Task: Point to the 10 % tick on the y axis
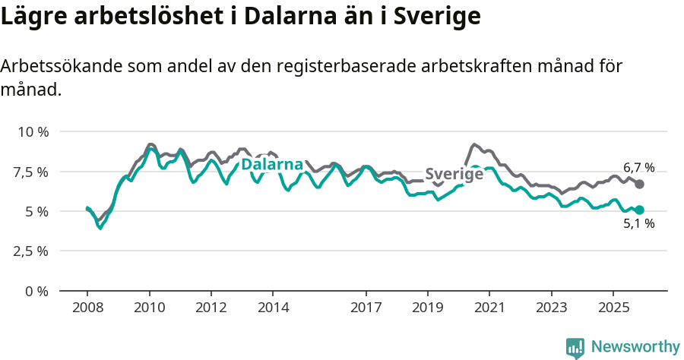[33, 132]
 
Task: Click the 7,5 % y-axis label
[33, 172]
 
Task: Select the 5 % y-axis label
[37, 211]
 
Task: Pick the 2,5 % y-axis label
[33, 251]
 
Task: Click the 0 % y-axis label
[37, 291]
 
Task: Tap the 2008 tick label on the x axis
[87, 308]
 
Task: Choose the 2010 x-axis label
[149, 308]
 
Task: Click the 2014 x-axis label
[273, 308]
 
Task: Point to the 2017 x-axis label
[366, 308]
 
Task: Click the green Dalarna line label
[272, 165]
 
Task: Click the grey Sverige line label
[454, 174]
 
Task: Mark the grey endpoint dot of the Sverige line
[640, 184]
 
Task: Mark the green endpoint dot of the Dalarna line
[640, 210]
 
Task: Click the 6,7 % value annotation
[638, 168]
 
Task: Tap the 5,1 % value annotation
[638, 224]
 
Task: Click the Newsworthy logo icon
[575, 348]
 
